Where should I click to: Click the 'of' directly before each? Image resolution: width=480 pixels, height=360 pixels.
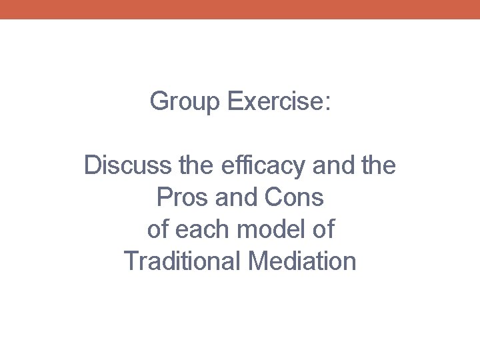pyautogui.click(x=158, y=229)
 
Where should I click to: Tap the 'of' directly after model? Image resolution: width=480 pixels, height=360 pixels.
pyautogui.click(x=323, y=229)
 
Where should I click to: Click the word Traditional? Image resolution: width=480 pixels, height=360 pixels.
pyautogui.click(x=182, y=261)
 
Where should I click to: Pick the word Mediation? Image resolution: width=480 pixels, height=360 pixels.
pyautogui.click(x=302, y=261)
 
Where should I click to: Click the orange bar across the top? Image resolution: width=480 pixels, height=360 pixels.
pyautogui.click(x=240, y=9)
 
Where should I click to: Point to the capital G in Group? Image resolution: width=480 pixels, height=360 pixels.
pyautogui.click(x=160, y=101)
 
